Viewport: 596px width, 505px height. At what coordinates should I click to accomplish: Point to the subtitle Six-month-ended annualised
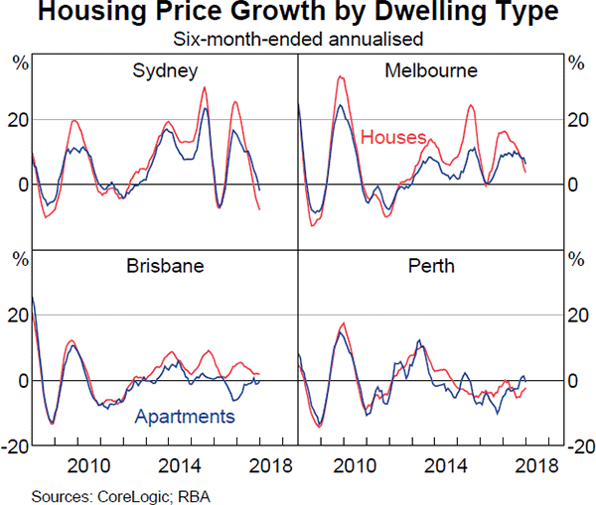click(299, 40)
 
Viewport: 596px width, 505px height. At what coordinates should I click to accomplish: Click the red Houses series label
click(393, 137)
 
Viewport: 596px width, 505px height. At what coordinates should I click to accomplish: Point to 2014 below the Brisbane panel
click(182, 465)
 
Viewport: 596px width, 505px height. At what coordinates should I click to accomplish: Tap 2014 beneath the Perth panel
click(448, 465)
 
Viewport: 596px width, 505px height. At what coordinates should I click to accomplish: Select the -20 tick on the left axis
click(18, 446)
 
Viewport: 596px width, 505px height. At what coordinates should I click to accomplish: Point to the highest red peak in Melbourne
click(341, 76)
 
